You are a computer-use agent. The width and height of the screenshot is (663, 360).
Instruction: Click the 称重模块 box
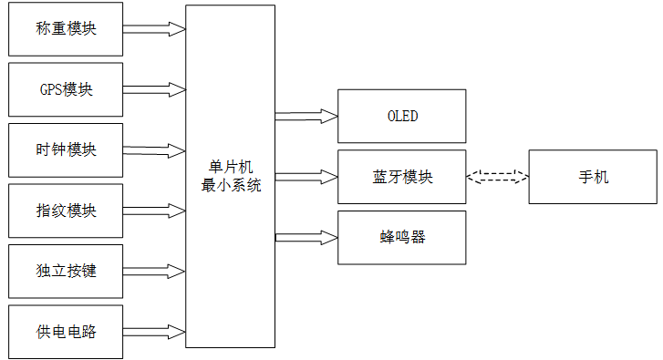tap(65, 28)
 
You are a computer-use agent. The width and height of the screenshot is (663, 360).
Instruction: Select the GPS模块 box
tap(65, 89)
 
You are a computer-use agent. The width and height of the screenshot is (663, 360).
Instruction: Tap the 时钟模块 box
tap(65, 150)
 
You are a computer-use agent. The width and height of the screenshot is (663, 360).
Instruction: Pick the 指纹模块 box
tap(65, 211)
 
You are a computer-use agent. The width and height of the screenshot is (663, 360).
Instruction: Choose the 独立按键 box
tap(65, 272)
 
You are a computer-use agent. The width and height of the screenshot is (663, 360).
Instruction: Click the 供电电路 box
tap(65, 332)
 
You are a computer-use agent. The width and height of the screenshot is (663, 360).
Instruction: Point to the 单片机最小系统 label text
tap(230, 176)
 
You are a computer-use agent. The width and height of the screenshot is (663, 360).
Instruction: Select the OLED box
tap(401, 116)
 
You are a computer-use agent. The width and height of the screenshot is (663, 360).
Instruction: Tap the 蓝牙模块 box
tap(401, 177)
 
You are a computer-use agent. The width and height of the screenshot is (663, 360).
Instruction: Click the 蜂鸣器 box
tap(401, 237)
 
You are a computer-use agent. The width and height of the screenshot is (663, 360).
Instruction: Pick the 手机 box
tap(593, 177)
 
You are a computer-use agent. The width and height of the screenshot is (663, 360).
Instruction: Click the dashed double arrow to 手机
tap(497, 177)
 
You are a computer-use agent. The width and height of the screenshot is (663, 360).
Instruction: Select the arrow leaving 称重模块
tap(153, 28)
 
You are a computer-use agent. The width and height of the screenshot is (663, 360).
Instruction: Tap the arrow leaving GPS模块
tap(153, 89)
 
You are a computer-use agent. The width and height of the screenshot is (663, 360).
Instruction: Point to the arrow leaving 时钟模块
tap(153, 150)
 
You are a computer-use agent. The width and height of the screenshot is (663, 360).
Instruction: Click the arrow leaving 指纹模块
tap(153, 211)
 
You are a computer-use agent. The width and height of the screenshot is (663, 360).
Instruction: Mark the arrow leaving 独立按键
tap(153, 272)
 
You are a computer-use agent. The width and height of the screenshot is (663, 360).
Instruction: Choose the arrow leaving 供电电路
tap(153, 332)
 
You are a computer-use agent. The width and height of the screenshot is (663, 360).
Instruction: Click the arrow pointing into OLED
tap(306, 116)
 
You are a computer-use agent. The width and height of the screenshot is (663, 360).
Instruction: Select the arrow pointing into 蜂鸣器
tap(306, 237)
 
